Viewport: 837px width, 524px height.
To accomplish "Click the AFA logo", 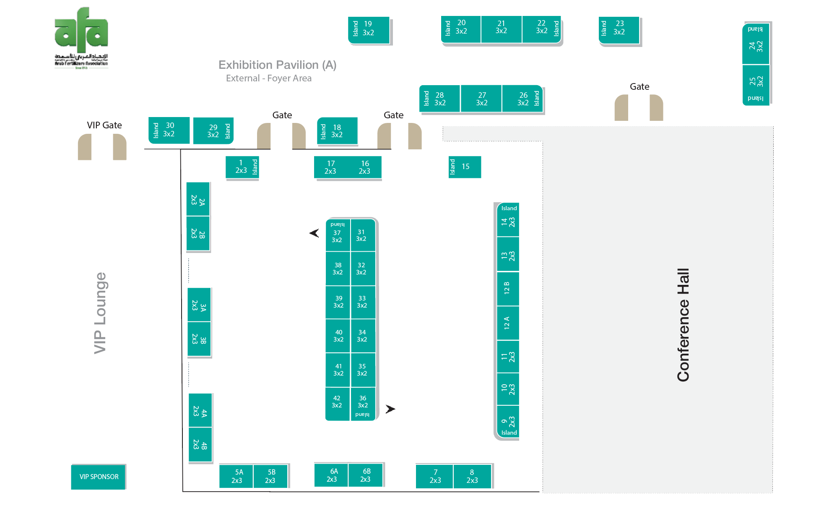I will pyautogui.click(x=81, y=38).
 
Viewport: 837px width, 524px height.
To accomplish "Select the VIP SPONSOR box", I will pyautogui.click(x=99, y=477).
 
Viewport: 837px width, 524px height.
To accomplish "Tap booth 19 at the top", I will pyautogui.click(x=369, y=29).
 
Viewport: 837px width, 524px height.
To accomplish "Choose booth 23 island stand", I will pyautogui.click(x=619, y=29).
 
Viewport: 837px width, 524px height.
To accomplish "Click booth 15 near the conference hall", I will pyautogui.click(x=465, y=167).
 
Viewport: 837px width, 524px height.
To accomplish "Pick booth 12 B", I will pyautogui.click(x=507, y=288).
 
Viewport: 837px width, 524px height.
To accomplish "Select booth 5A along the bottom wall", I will pyautogui.click(x=237, y=476).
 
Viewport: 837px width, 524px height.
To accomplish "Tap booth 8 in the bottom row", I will pyautogui.click(x=472, y=476).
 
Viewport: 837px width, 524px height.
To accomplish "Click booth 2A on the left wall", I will pyautogui.click(x=198, y=199).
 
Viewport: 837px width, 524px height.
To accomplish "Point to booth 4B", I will pyautogui.click(x=200, y=445).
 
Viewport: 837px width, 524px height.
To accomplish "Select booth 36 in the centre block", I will pyautogui.click(x=363, y=403).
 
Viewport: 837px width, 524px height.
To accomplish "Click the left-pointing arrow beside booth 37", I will pyautogui.click(x=315, y=233).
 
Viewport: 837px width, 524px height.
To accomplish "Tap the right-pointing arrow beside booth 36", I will pyautogui.click(x=390, y=409).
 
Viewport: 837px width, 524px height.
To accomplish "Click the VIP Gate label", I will pyautogui.click(x=104, y=125).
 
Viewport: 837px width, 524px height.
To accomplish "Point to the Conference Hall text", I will pyautogui.click(x=683, y=325).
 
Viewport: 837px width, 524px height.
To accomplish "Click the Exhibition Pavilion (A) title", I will pyautogui.click(x=277, y=65).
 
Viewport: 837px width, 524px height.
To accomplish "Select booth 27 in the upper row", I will pyautogui.click(x=481, y=99).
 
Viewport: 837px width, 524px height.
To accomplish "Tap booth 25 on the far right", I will pyautogui.click(x=756, y=81).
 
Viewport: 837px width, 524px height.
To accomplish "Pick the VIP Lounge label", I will pyautogui.click(x=100, y=313).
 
